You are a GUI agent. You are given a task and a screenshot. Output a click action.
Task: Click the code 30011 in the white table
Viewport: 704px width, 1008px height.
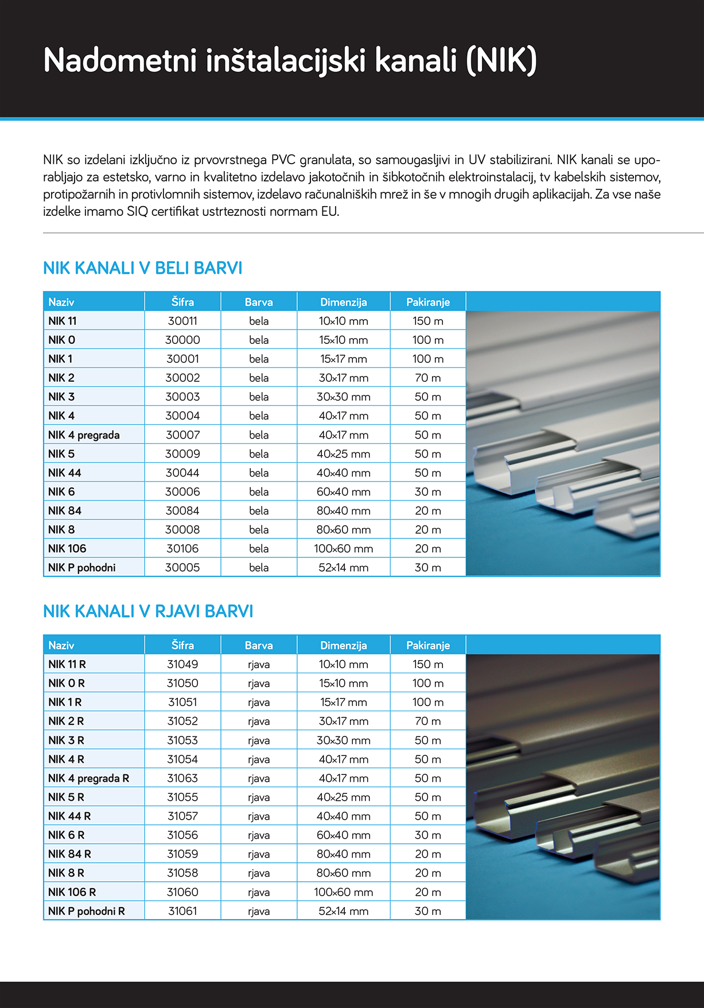click(182, 321)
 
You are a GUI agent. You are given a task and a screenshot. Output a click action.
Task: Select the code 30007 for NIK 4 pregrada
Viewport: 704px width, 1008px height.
click(182, 435)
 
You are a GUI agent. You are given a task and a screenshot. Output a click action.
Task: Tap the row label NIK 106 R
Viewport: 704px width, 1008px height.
click(72, 891)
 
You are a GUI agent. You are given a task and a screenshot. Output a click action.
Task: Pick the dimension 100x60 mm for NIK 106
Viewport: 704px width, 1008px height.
click(343, 548)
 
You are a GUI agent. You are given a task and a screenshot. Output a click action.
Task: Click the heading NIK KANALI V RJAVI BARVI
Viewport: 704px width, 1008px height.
click(148, 611)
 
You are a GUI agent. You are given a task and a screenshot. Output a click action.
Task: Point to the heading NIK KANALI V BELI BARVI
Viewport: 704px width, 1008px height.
click(143, 267)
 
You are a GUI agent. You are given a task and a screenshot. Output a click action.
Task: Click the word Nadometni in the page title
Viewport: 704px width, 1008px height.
click(120, 60)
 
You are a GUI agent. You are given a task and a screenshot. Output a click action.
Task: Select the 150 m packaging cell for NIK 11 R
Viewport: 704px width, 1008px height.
click(427, 664)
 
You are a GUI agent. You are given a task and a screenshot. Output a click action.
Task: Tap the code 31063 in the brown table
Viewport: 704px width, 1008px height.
click(182, 778)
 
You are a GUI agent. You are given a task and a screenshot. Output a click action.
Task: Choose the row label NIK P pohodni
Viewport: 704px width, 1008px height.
click(82, 567)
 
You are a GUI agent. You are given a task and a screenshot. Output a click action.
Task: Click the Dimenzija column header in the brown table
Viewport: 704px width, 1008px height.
click(343, 645)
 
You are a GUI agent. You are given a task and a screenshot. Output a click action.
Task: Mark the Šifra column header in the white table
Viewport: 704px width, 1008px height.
click(182, 302)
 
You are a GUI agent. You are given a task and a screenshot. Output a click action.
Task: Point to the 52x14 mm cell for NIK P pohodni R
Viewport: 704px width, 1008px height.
click(343, 910)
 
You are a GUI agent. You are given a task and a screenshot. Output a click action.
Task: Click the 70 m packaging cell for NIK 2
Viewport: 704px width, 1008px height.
click(427, 378)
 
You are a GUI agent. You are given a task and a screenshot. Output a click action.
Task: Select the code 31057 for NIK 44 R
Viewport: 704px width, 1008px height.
click(182, 816)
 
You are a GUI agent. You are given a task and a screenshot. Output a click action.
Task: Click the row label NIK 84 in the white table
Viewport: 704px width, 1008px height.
click(65, 510)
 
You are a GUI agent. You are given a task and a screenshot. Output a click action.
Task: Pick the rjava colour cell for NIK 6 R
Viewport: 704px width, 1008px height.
click(259, 835)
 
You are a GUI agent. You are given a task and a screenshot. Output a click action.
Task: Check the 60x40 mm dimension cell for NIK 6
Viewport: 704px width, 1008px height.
click(343, 491)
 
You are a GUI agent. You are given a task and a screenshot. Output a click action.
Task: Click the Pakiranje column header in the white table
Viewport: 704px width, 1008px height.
click(427, 302)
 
